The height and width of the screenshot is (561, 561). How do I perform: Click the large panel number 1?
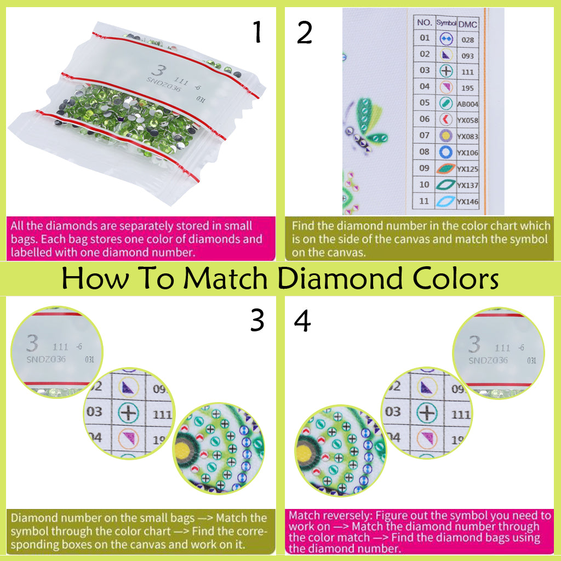tap(256, 33)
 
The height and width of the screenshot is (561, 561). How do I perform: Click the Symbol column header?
tap(445, 23)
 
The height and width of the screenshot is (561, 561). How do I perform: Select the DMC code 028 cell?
tap(467, 39)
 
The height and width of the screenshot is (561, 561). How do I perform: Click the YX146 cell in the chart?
tap(467, 202)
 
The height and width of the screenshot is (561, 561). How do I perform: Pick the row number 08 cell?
tap(425, 152)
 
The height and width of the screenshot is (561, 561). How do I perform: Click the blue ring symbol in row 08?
tap(445, 152)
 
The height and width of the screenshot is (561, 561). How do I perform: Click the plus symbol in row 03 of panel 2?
tap(445, 71)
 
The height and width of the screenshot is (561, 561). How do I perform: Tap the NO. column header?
tap(425, 23)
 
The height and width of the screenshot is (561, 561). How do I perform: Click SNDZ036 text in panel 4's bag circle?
tap(488, 360)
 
